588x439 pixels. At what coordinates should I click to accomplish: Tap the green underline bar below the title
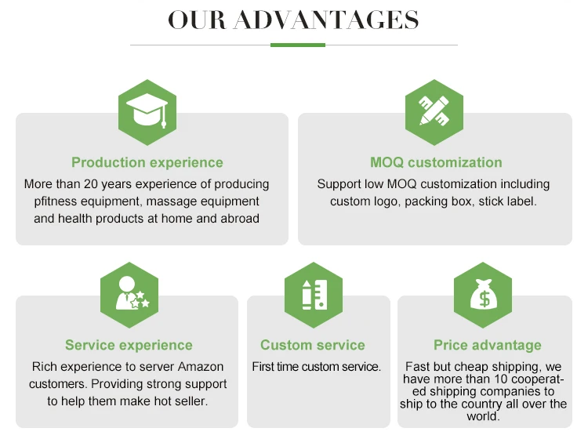pos(297,45)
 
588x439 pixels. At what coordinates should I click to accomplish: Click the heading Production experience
pos(147,163)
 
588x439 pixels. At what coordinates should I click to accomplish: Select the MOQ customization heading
pos(436,163)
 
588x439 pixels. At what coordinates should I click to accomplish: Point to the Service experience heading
pos(129,345)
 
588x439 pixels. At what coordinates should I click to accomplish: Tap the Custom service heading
pos(313,345)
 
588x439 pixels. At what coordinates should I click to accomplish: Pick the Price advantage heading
pos(488,345)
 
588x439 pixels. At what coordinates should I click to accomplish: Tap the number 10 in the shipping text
pos(485,379)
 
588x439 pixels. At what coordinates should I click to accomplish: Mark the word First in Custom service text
pos(263,367)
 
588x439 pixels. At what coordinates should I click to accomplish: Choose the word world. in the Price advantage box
pos(483,415)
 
